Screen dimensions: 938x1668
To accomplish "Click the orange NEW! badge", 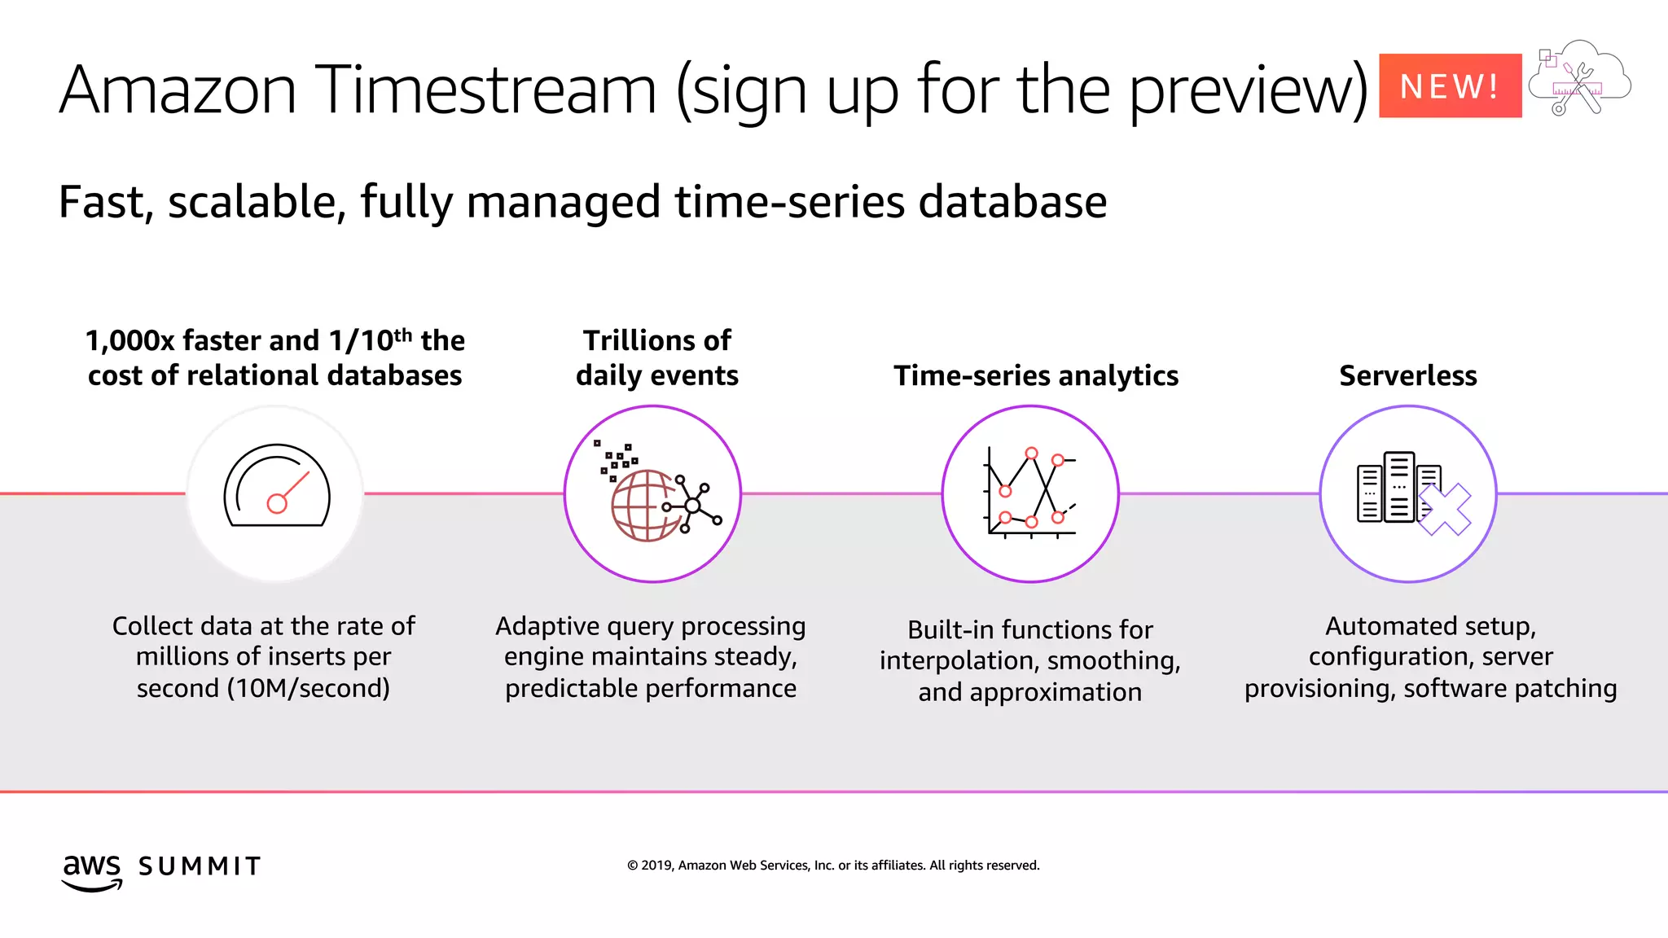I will (x=1450, y=85).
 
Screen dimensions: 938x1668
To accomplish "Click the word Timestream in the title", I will (x=485, y=90).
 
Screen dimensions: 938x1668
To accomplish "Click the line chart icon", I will (x=1031, y=493).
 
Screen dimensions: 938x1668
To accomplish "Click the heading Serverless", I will (x=1407, y=375).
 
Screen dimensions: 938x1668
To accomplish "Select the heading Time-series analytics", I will (x=1035, y=375).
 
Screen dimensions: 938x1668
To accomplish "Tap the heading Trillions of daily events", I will (x=656, y=357).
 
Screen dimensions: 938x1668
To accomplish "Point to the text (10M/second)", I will (x=308, y=688).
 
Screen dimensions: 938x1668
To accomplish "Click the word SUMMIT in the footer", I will (x=200, y=866).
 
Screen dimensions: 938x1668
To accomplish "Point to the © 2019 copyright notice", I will (x=833, y=865).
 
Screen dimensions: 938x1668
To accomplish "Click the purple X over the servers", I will (x=1445, y=510).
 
